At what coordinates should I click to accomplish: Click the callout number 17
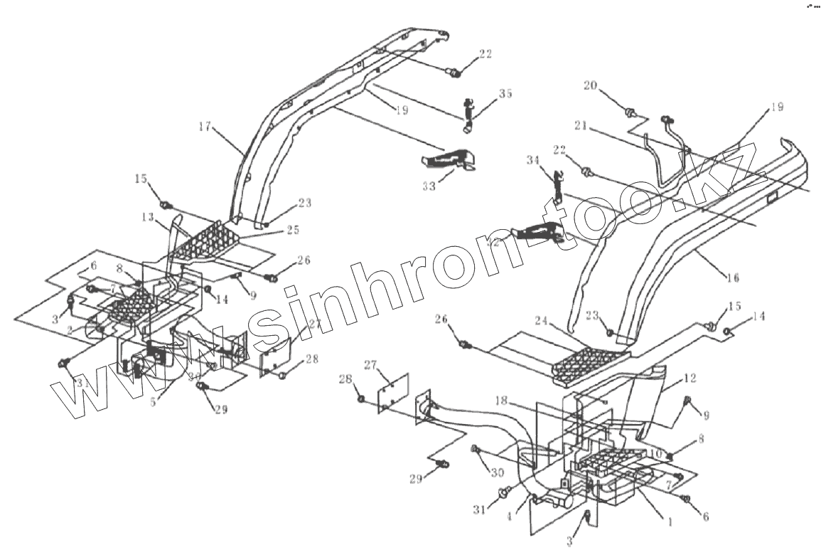205,127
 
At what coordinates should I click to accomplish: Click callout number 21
580,125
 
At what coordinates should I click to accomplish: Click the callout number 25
294,230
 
